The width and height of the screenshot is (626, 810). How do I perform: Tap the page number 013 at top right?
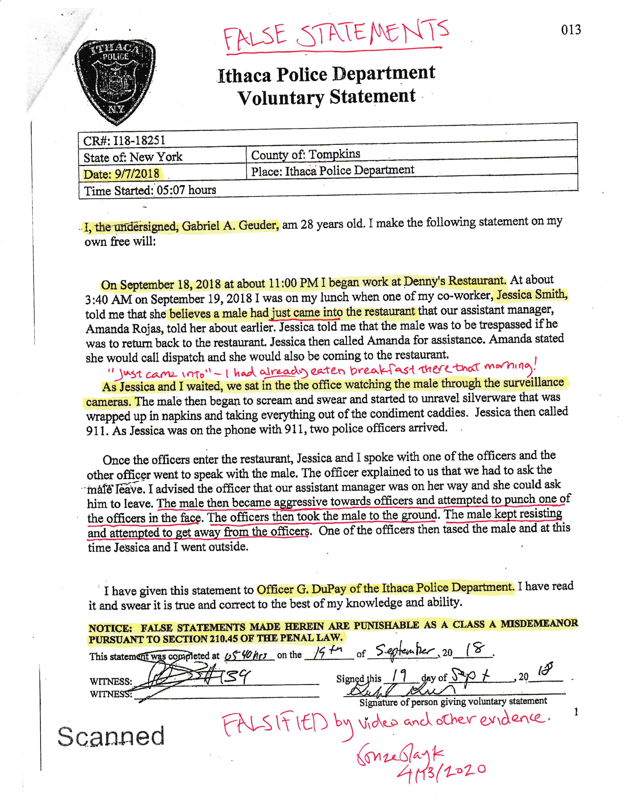[x=571, y=30]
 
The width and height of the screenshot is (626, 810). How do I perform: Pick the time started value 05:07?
[x=171, y=190]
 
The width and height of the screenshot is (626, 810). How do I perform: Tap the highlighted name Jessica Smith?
[x=531, y=295]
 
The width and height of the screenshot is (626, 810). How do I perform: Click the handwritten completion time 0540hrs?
[x=247, y=655]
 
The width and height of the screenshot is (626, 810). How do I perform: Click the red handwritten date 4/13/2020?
[x=441, y=771]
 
